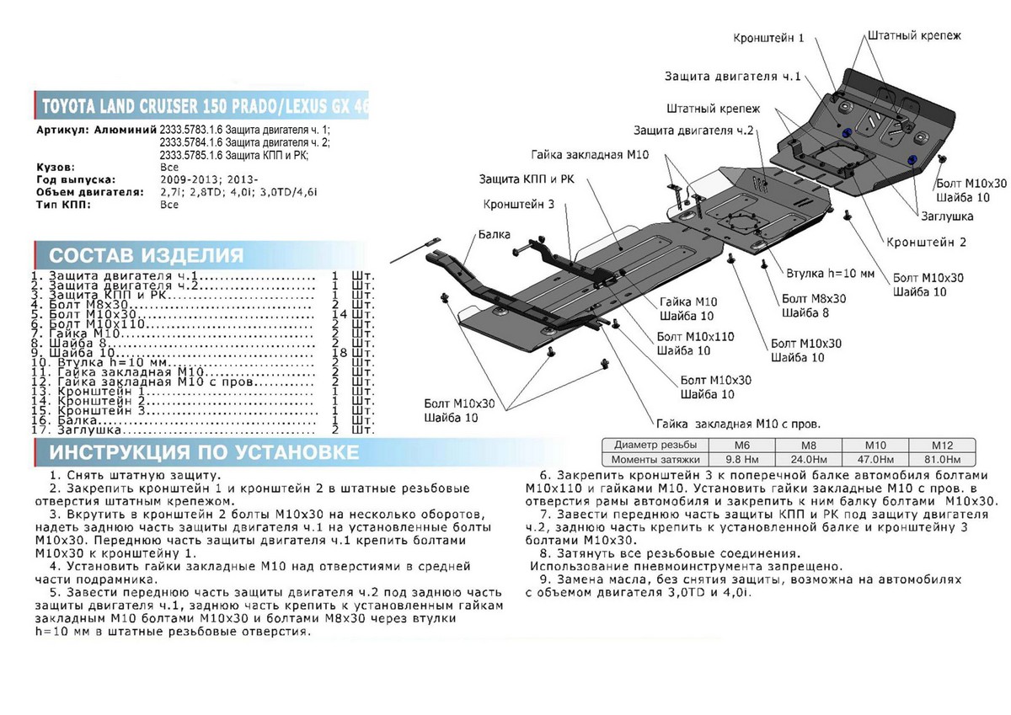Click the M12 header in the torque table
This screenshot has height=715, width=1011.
point(940,445)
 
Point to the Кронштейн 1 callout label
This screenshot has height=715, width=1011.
point(769,38)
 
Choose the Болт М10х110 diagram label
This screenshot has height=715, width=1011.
point(694,336)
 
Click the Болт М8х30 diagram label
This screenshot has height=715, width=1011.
point(813,299)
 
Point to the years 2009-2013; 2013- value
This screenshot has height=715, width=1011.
point(205,179)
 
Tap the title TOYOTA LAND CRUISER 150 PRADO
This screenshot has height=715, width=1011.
point(152,108)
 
